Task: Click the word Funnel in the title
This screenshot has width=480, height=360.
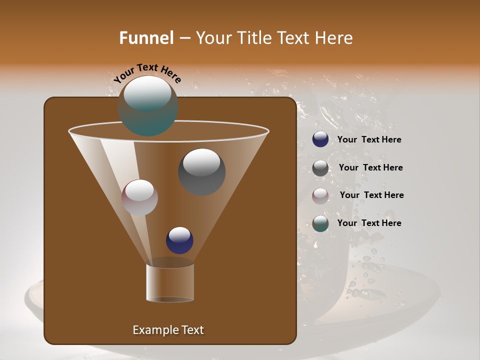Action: pyautogui.click(x=146, y=38)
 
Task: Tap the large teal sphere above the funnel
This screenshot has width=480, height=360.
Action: pyautogui.click(x=148, y=106)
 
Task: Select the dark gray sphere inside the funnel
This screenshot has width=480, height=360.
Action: pyautogui.click(x=202, y=172)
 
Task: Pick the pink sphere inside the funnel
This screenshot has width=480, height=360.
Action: pyautogui.click(x=139, y=197)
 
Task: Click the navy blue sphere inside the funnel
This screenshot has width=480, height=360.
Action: pyautogui.click(x=179, y=240)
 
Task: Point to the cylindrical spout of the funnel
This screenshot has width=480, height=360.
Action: pyautogui.click(x=170, y=282)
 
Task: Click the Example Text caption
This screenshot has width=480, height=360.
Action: pyautogui.click(x=168, y=330)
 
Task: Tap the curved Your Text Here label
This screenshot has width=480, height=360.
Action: pyautogui.click(x=147, y=73)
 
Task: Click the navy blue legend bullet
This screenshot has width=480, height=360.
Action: pyautogui.click(x=320, y=139)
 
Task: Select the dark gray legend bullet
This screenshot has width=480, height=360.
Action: pyautogui.click(x=320, y=168)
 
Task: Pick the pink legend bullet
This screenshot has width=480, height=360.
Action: pyautogui.click(x=320, y=195)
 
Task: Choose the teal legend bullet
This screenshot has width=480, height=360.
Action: pyautogui.click(x=320, y=223)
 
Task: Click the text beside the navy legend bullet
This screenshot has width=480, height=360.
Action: pyautogui.click(x=369, y=140)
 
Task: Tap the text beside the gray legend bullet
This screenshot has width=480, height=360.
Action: pyautogui.click(x=370, y=168)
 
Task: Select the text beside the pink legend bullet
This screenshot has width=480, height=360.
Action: pyautogui.click(x=371, y=195)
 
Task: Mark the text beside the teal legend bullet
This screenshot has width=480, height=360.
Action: pyautogui.click(x=369, y=223)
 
